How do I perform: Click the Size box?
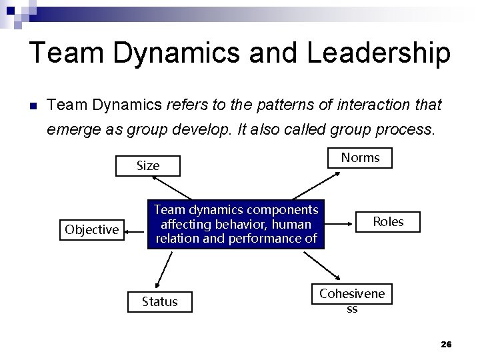click(148, 165)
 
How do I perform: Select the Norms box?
click(360, 157)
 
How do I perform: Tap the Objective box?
click(92, 230)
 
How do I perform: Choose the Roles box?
click(388, 222)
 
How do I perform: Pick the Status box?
click(160, 301)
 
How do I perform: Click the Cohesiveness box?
click(352, 299)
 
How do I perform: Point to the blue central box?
click(236, 225)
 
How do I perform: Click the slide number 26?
click(446, 344)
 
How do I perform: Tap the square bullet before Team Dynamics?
click(32, 105)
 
